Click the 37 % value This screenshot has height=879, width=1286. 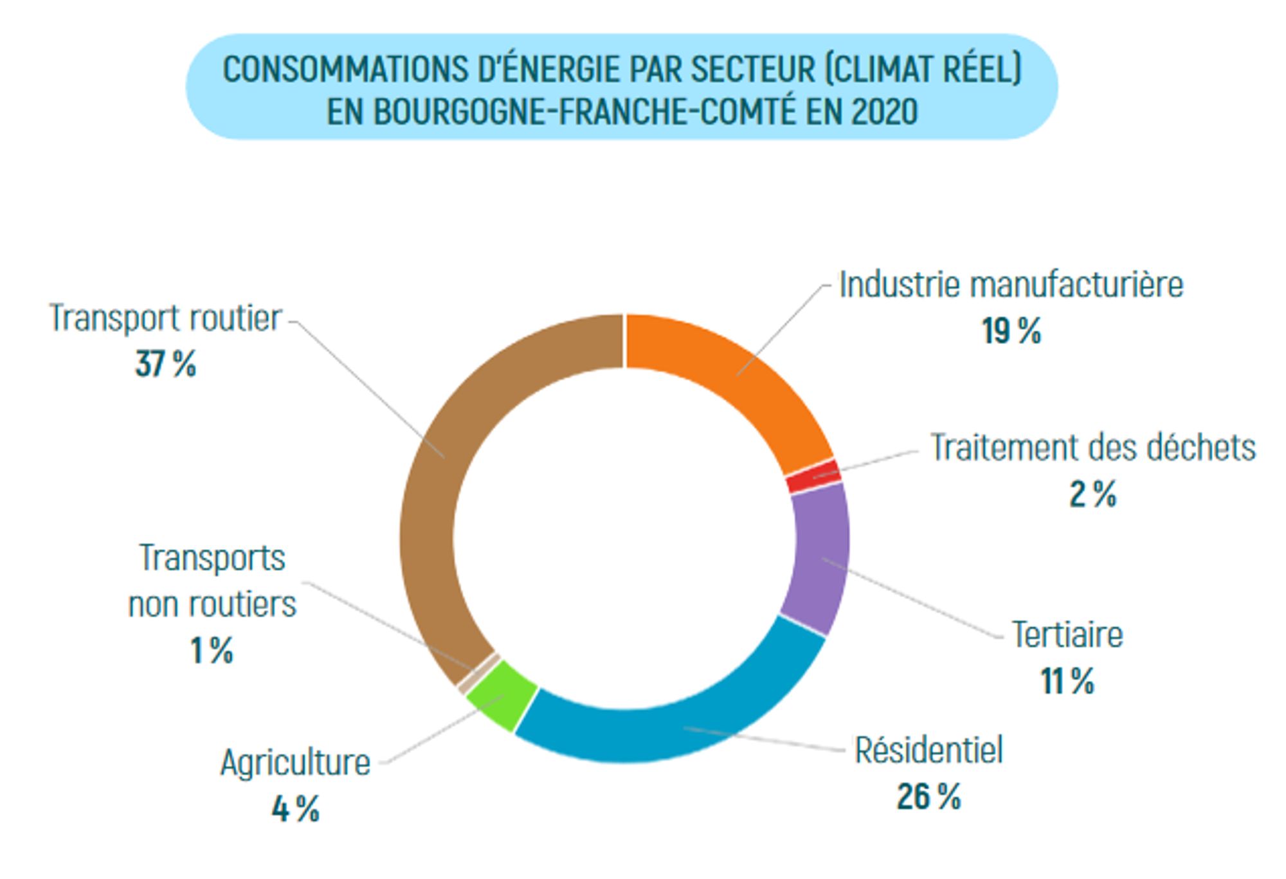tap(165, 365)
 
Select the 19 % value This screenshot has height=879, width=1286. tap(1011, 332)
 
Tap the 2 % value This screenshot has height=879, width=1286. tap(1092, 494)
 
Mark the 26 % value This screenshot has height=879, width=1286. tap(928, 797)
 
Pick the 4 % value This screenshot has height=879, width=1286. tap(295, 810)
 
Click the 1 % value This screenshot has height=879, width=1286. tap(212, 651)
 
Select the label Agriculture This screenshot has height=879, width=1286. tap(295, 763)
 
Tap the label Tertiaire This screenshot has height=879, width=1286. tap(1067, 635)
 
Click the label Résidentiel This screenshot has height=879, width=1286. tap(928, 750)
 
